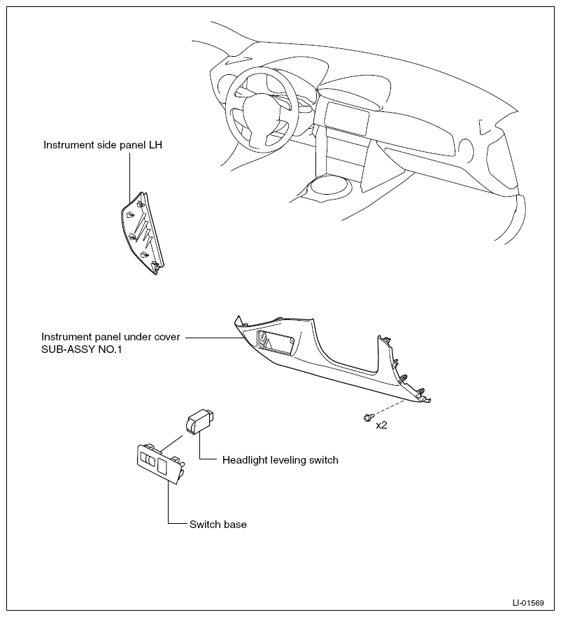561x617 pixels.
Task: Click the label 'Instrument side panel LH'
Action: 103,145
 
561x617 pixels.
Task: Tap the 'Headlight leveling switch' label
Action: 280,460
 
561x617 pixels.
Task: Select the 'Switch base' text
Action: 218,525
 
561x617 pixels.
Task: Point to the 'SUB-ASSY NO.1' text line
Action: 82,349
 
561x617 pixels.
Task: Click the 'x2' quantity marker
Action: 381,425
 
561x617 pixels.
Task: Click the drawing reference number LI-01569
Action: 528,603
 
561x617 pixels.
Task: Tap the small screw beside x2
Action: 367,417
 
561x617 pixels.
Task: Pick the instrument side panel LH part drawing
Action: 142,233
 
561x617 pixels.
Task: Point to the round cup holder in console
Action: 329,185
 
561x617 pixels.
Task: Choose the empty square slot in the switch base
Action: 162,466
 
